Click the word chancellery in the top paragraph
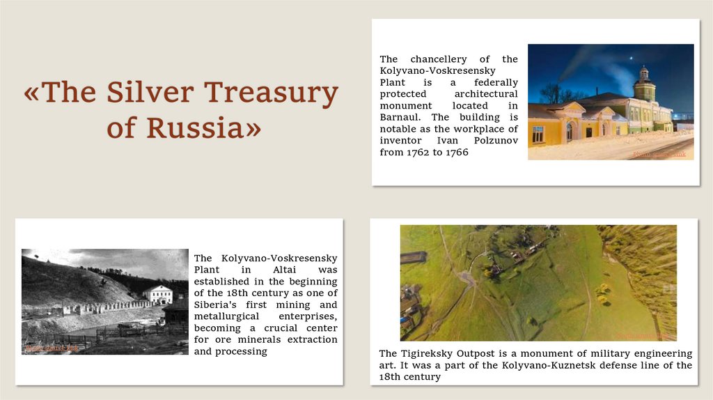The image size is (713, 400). click(x=439, y=59)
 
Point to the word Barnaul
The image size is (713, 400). click(x=401, y=117)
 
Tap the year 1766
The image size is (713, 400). click(x=455, y=152)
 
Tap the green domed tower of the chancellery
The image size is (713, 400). click(x=644, y=84)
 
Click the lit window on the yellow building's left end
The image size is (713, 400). click(x=538, y=133)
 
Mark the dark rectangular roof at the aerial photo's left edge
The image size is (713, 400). click(x=412, y=257)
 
